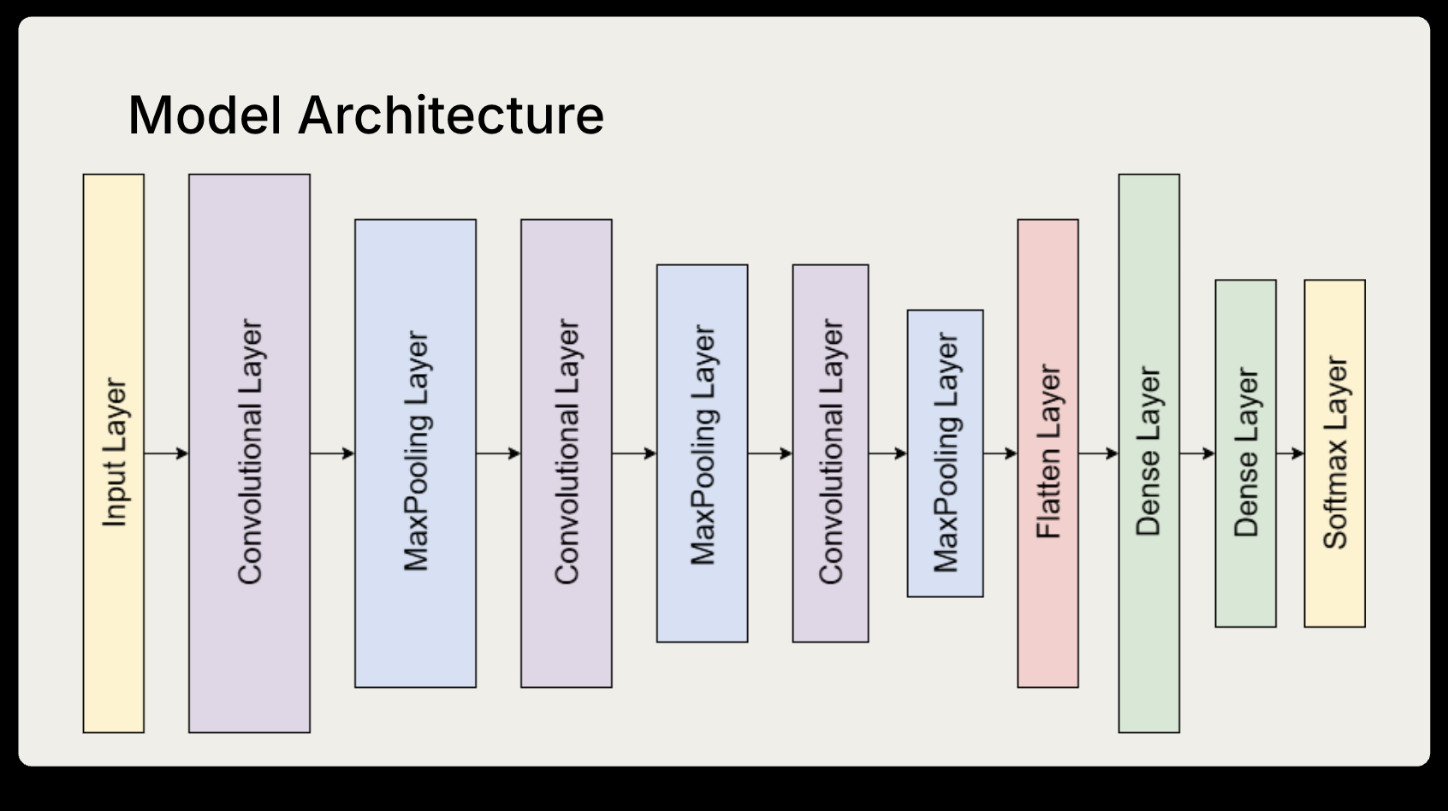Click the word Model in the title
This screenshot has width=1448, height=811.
click(x=205, y=115)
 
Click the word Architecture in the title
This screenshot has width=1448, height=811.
click(x=451, y=115)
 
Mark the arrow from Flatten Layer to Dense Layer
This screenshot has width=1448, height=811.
click(x=1098, y=453)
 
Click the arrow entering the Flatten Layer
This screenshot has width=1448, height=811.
click(x=1000, y=453)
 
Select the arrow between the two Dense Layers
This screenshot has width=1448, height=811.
click(x=1196, y=453)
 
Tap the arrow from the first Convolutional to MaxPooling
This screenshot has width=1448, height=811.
click(x=331, y=453)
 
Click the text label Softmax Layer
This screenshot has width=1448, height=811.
click(x=1334, y=453)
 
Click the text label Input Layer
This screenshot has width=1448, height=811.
click(x=114, y=453)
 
